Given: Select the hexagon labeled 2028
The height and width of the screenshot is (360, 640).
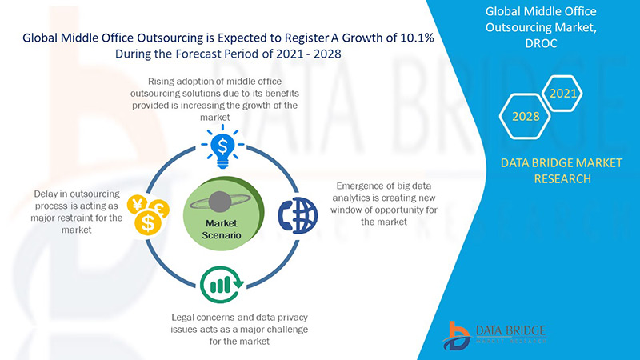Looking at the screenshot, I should [x=526, y=117].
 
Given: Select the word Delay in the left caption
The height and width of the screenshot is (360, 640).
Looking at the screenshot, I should [x=48, y=194].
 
